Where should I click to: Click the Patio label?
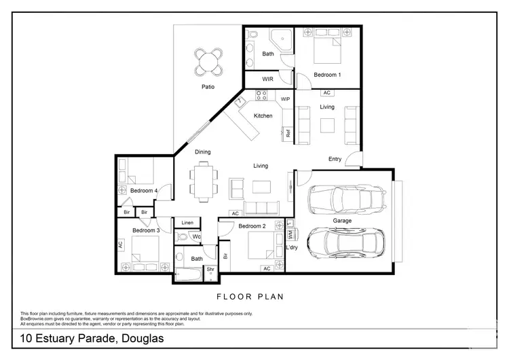coord(208,87)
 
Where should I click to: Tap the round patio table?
coord(208,63)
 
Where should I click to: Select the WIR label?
coord(268,79)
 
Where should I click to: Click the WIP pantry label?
coord(286,99)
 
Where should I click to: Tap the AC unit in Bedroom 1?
coord(326,92)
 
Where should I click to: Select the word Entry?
coord(335,159)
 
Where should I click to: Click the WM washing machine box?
coord(290,234)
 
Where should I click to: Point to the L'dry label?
coord(292,247)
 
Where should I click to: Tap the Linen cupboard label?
coord(188,223)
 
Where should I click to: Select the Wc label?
coord(196,236)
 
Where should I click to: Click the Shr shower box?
coord(211,269)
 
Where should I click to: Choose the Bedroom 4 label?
coord(144,191)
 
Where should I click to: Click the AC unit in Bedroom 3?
coord(121,245)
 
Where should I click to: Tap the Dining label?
coord(202,152)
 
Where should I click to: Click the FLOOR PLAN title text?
coord(250,296)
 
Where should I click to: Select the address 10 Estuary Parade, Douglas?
coord(92,338)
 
